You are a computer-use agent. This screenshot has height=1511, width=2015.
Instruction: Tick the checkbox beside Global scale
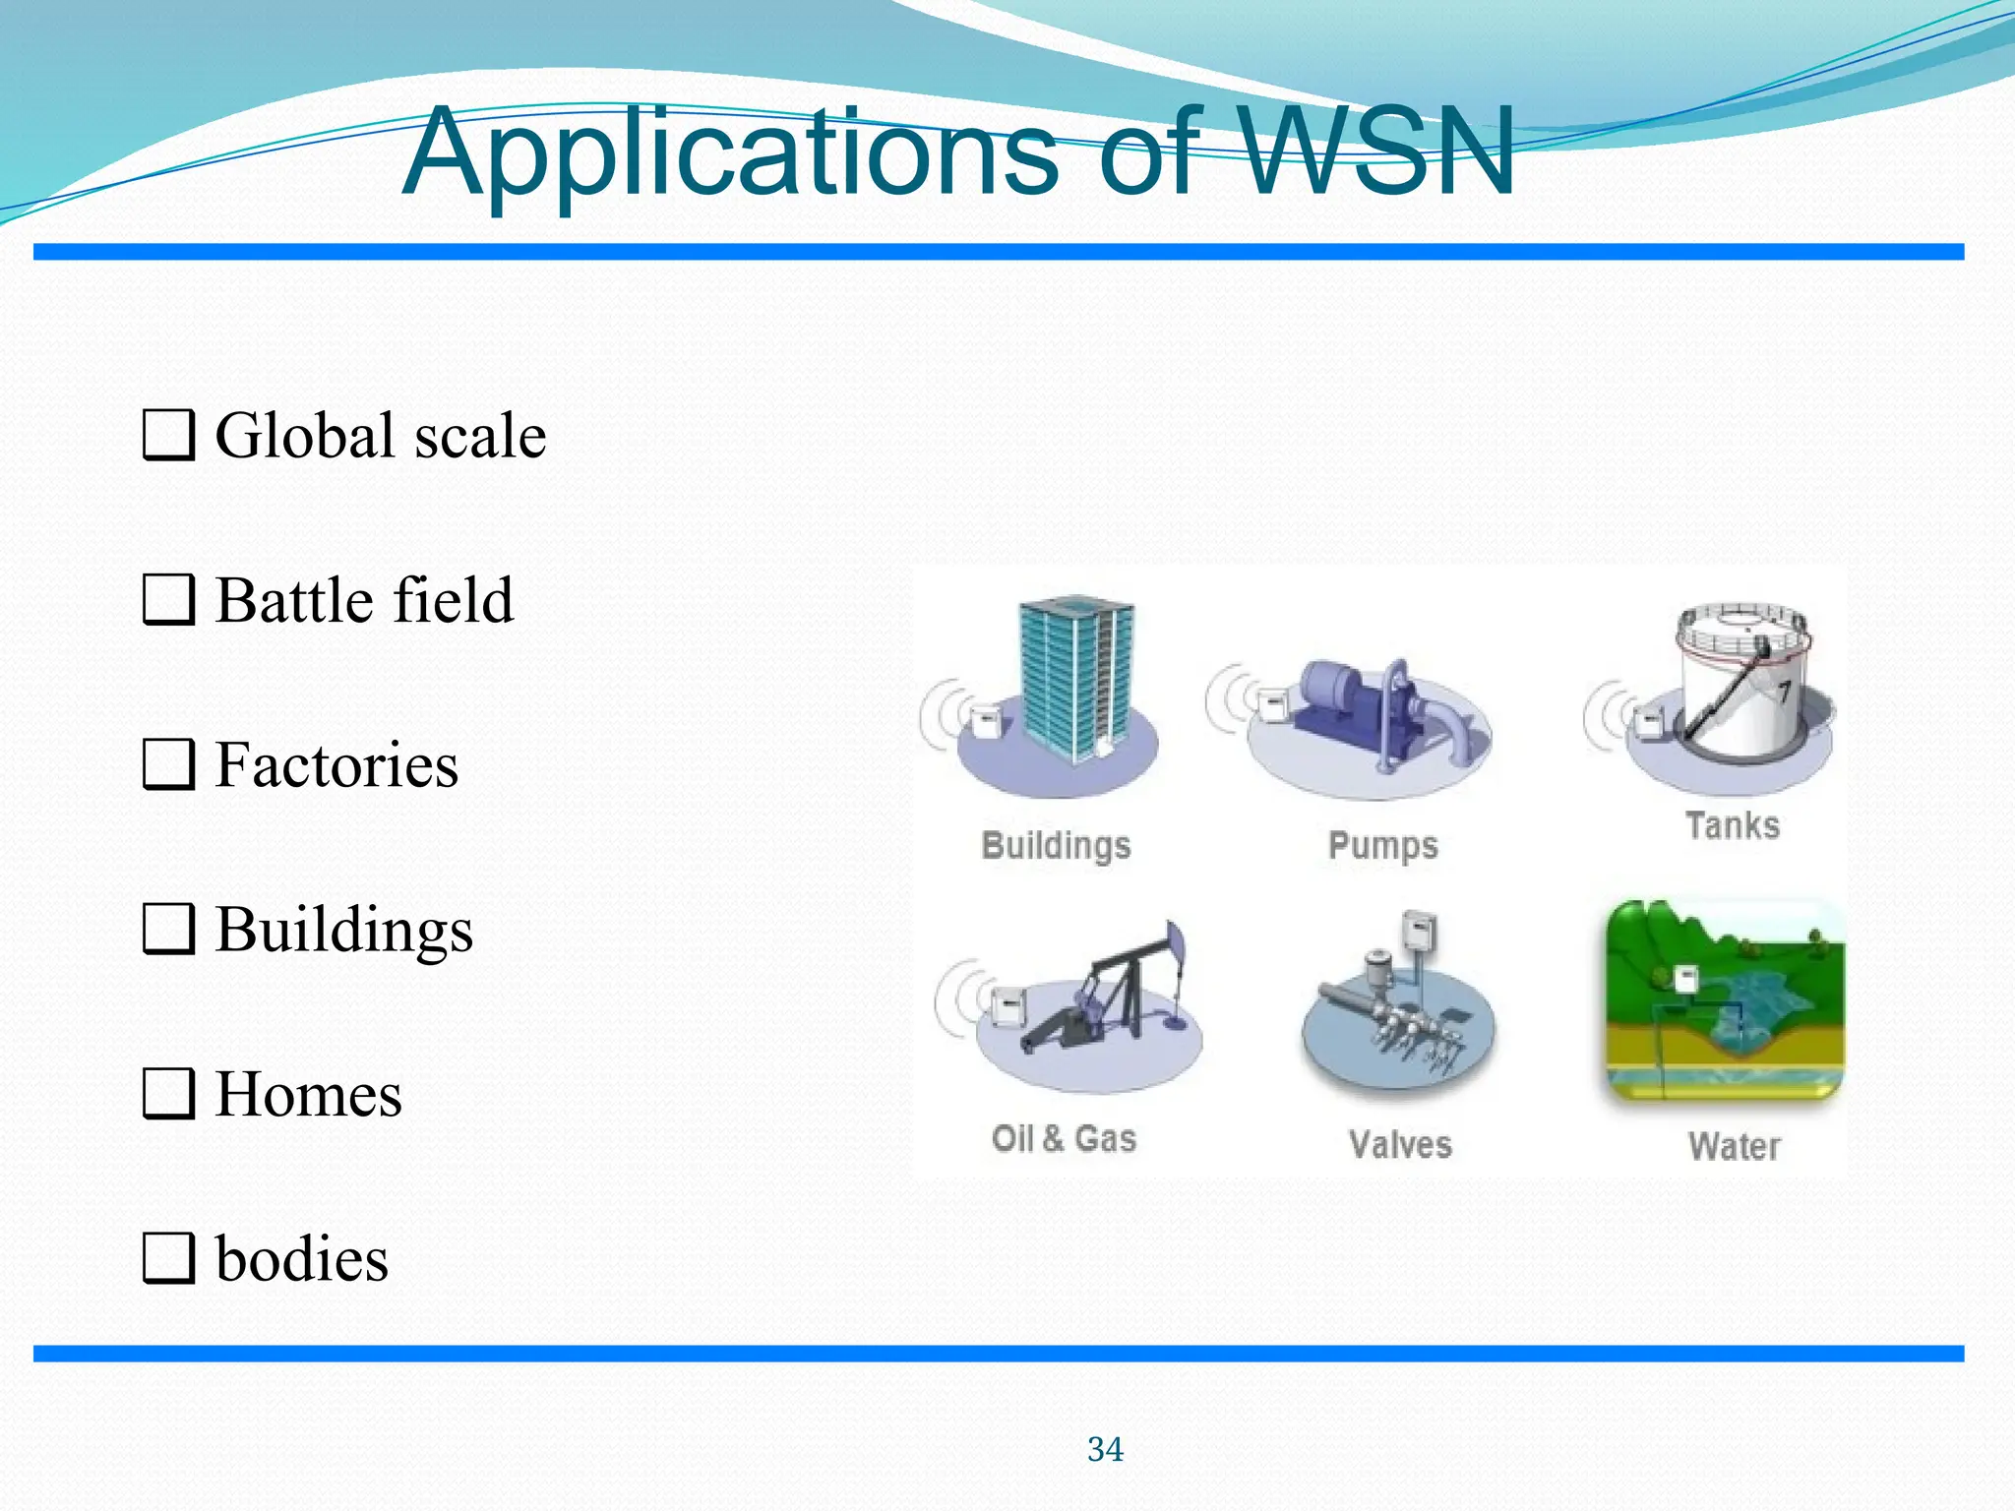tap(167, 436)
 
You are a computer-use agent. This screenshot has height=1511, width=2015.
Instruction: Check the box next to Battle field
tap(167, 600)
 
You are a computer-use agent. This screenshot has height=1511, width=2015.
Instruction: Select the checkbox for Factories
tap(167, 764)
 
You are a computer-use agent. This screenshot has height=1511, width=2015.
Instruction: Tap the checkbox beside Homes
tap(167, 1094)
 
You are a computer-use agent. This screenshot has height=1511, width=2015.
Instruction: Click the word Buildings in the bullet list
tap(344, 931)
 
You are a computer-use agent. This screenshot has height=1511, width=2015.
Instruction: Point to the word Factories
tap(336, 765)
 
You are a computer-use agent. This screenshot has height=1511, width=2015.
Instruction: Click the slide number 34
tap(1105, 1449)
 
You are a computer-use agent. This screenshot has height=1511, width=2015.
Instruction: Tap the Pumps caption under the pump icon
tap(1382, 846)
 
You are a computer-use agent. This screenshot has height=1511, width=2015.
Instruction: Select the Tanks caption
tap(1733, 825)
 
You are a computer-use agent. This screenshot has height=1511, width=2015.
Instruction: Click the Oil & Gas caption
tap(1064, 1138)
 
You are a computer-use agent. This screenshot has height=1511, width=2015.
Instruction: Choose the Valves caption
tap(1400, 1144)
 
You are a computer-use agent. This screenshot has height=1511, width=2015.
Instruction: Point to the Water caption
tap(1735, 1146)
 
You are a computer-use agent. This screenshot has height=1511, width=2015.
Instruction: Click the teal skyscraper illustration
tap(1077, 679)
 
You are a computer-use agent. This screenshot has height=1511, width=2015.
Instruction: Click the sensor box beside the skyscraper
tap(986, 721)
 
